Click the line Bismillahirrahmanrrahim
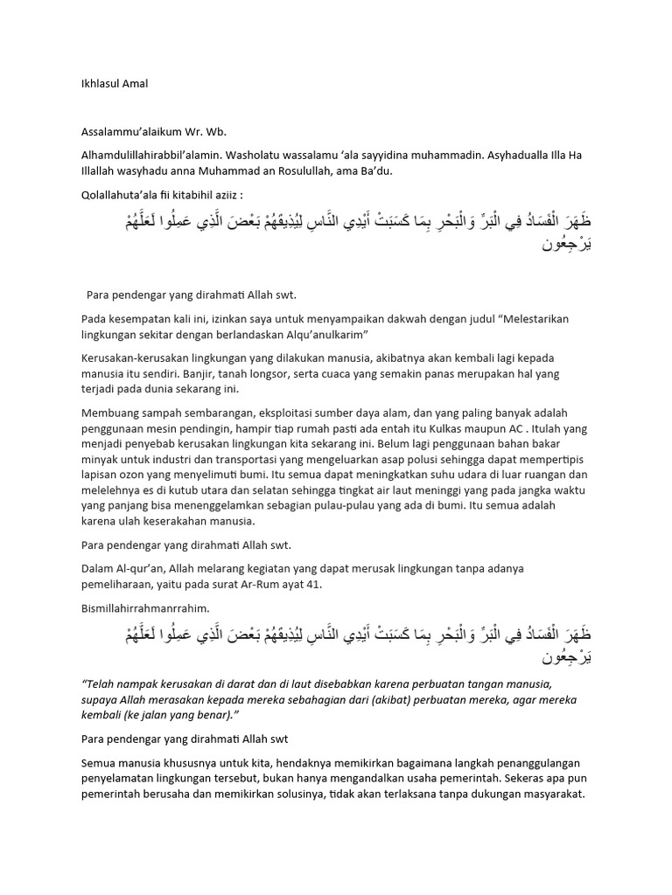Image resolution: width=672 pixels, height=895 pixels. pyautogui.click(x=143, y=607)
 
